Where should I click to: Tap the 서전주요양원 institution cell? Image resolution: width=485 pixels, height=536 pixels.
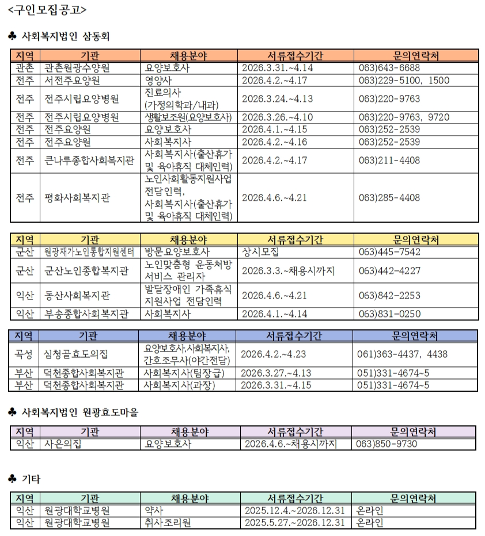[x=73, y=81]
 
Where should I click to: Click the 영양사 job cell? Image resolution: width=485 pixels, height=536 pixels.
[x=157, y=81]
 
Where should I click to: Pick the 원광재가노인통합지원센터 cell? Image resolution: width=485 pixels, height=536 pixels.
[x=89, y=252]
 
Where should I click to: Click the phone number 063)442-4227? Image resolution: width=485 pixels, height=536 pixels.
[x=389, y=270]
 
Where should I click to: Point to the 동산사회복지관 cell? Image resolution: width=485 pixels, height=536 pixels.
[x=78, y=296]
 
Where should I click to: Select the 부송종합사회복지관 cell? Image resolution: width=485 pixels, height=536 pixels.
[x=86, y=314]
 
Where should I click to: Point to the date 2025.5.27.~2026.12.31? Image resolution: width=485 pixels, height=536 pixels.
[x=294, y=523]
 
